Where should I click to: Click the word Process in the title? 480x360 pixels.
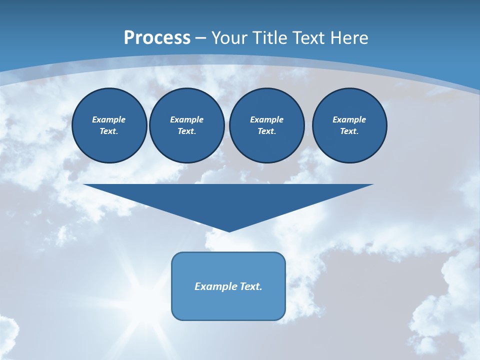tap(157, 38)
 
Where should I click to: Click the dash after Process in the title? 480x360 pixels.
tap(201, 38)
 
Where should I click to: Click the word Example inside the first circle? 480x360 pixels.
tap(108, 119)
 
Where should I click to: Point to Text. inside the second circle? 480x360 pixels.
tap(186, 131)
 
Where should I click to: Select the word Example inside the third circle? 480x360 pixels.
tap(266, 119)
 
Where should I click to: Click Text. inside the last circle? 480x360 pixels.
tap(349, 131)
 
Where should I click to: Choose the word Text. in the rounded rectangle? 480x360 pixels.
tap(251, 286)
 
